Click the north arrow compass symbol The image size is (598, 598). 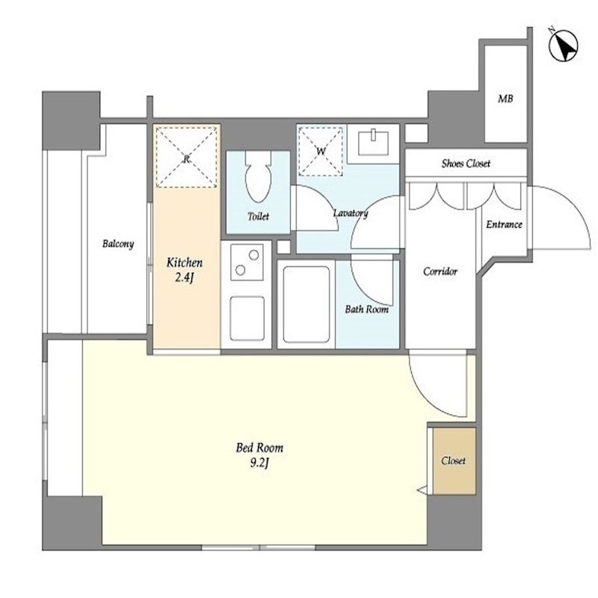564,46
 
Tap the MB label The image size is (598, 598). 505,99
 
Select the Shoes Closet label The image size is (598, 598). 466,164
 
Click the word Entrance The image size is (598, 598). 504,224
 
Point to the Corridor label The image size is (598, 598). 440,271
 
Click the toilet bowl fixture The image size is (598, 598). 258,176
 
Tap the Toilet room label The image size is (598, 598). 258,216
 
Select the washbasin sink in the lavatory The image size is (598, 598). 373,143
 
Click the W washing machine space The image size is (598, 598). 321,152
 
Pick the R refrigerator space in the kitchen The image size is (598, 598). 186,158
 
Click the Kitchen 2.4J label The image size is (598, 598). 185,270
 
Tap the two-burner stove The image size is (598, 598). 247,262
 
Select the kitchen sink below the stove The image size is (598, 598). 247,318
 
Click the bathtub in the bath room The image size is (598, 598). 306,304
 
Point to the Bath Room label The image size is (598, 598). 367,309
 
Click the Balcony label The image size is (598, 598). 118,244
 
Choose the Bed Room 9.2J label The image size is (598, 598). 259,455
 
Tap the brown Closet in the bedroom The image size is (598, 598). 454,461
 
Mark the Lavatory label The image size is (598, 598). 351,213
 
